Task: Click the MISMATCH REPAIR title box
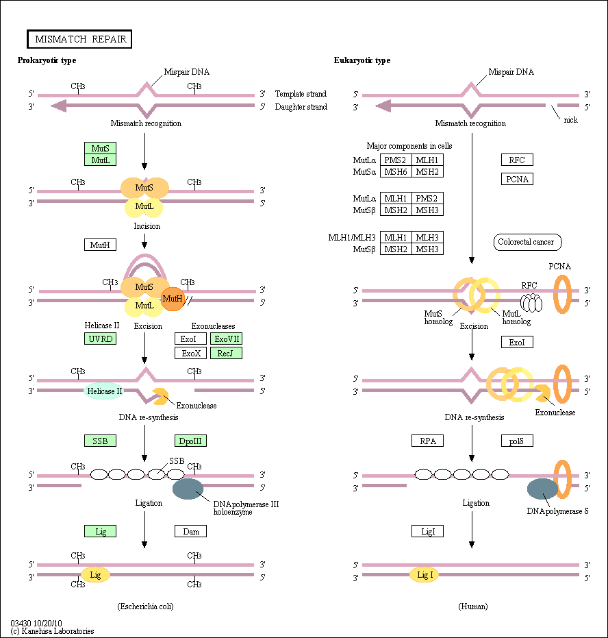click(79, 39)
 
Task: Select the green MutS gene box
click(100, 147)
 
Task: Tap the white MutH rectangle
click(100, 245)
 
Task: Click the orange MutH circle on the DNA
click(173, 298)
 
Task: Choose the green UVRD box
click(100, 339)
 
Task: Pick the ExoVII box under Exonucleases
click(226, 339)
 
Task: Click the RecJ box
click(226, 353)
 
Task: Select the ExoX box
click(190, 353)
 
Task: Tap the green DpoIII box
click(190, 441)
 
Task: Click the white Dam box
click(190, 531)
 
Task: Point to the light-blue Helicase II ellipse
click(104, 391)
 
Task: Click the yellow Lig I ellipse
click(425, 575)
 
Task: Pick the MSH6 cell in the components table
click(396, 172)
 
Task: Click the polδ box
click(517, 441)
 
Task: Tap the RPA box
click(428, 441)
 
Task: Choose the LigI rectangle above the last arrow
click(428, 531)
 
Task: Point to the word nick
click(570, 120)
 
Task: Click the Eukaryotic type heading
click(362, 60)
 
